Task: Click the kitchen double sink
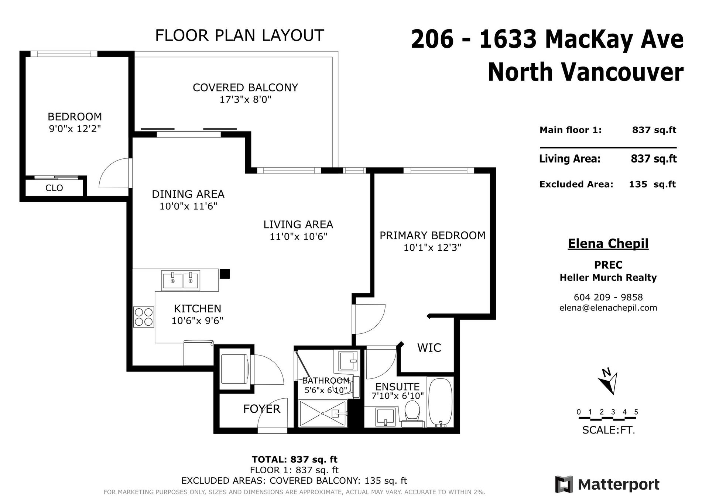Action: (x=181, y=280)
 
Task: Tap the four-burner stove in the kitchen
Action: (x=144, y=317)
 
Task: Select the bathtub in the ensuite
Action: (x=440, y=402)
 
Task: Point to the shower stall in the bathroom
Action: (x=323, y=414)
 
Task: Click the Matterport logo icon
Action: (x=564, y=484)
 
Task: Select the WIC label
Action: (x=429, y=348)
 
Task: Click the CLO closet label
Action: (x=54, y=188)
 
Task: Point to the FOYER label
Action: (x=262, y=409)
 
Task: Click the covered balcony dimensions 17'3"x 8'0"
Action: (x=246, y=99)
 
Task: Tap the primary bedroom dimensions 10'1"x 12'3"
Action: (x=432, y=247)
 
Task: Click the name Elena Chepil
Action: (x=608, y=244)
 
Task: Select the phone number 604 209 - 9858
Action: (x=608, y=297)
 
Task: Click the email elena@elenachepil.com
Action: (x=608, y=308)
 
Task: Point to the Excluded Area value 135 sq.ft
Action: (x=652, y=184)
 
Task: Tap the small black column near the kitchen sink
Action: (x=225, y=274)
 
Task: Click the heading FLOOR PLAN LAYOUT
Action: (x=239, y=35)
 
